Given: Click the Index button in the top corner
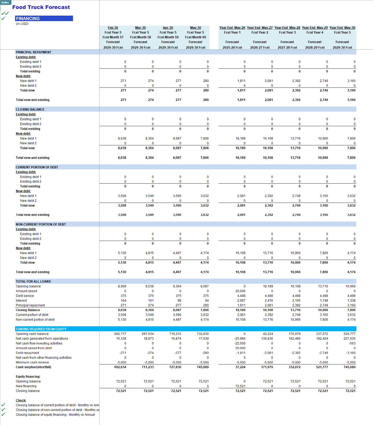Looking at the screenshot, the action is (5, 2).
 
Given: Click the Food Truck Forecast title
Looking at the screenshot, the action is (41, 7).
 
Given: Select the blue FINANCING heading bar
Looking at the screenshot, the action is (44, 19).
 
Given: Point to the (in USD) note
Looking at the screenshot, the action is (22, 24).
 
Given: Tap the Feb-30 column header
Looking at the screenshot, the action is (113, 28).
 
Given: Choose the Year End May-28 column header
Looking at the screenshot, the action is (287, 28).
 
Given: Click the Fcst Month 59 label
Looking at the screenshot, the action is (168, 37).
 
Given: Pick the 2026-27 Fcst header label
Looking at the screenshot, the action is (260, 48).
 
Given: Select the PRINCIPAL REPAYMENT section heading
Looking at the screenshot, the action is (34, 52).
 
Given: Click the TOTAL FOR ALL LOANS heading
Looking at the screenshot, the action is (33, 281).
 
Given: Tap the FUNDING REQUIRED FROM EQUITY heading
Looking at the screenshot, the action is (41, 329).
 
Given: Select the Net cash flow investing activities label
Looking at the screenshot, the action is (39, 343).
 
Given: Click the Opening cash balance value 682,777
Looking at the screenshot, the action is (120, 334).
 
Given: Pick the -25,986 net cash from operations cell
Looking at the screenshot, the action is (240, 339).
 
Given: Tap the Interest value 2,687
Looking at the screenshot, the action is (241, 301).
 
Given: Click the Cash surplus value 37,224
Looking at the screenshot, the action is (240, 367).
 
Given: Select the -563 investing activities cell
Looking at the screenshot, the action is (352, 343).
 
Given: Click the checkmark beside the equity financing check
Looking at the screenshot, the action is (3, 414).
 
